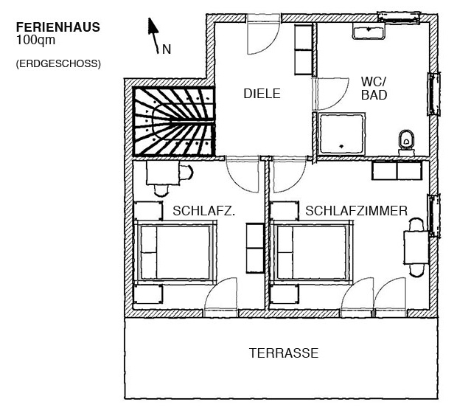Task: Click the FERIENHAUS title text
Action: [58, 27]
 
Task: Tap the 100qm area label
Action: [35, 40]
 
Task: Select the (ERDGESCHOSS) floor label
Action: [58, 63]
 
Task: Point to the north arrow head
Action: [153, 26]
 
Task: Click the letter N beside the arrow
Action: [167, 49]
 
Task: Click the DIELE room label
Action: [262, 94]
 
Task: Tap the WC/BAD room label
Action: [374, 88]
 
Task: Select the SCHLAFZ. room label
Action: [203, 211]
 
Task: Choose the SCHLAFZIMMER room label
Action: [356, 211]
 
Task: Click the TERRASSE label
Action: [284, 353]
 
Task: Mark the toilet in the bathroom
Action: [406, 143]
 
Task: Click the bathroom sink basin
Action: [369, 31]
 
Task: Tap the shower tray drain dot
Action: [341, 147]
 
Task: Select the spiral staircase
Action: [174, 122]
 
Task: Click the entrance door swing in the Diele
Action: [263, 35]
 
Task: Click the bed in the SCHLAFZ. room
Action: [175, 252]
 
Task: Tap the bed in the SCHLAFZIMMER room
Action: [312, 252]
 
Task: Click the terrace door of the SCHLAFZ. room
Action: [221, 296]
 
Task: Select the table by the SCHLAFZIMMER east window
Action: [416, 247]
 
